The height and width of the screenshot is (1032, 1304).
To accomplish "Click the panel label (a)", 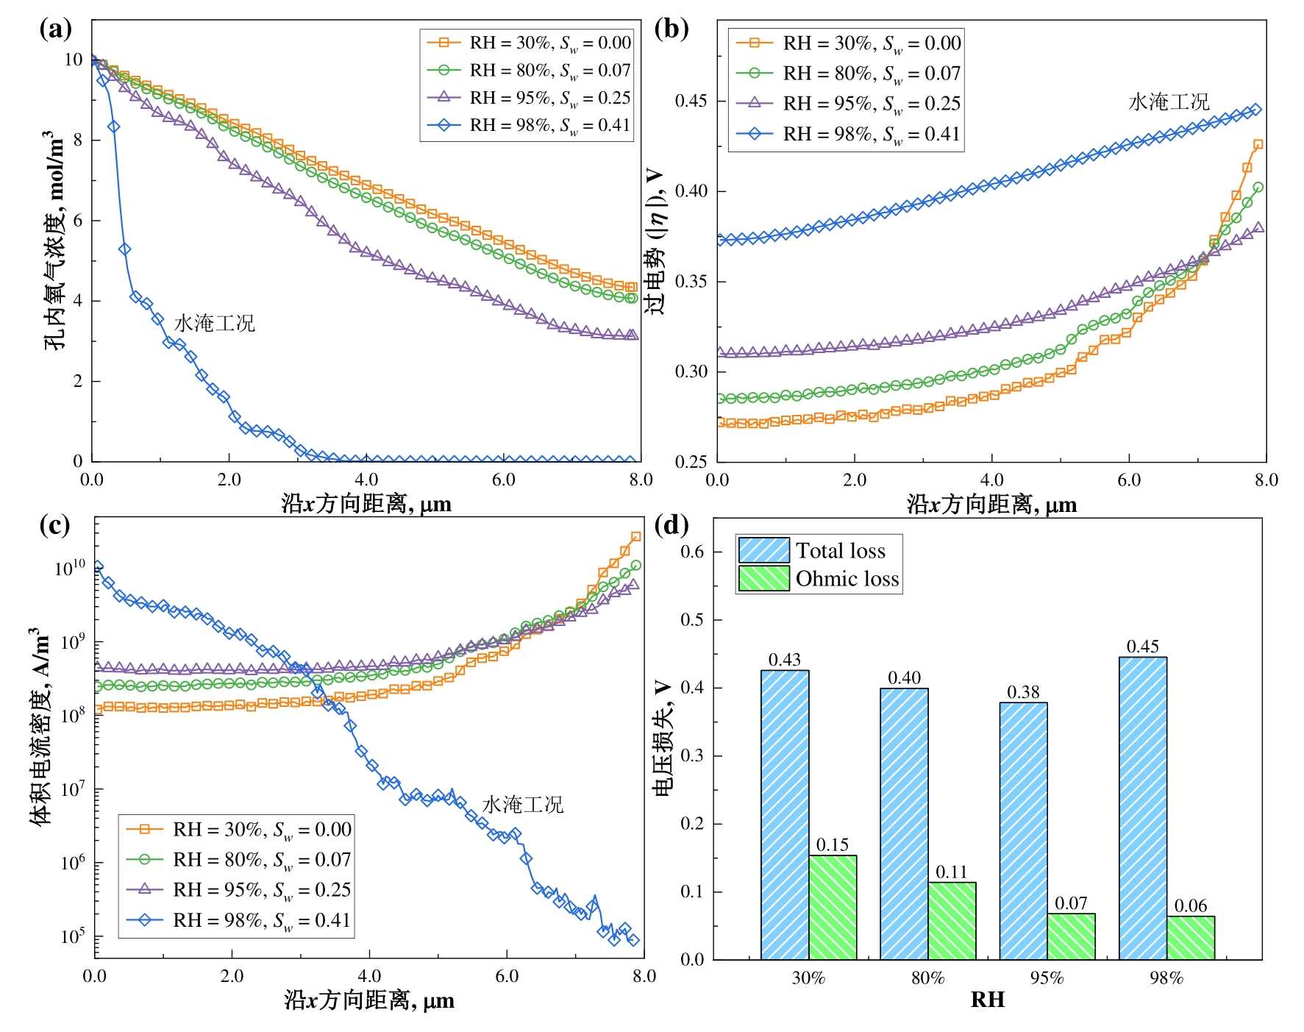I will pyautogui.click(x=55, y=29).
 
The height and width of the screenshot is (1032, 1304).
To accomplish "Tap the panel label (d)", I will pyautogui.click(x=671, y=525).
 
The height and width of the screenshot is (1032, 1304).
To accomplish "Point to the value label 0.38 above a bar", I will pyautogui.click(x=1023, y=692).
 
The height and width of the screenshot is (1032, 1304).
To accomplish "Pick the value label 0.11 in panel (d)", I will pyautogui.click(x=952, y=872).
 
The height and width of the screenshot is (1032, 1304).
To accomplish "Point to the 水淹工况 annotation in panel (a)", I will pyautogui.click(x=214, y=324).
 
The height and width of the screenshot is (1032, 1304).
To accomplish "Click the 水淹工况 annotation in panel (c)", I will pyautogui.click(x=522, y=805).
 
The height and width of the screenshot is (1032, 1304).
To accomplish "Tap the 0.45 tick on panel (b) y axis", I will pyautogui.click(x=691, y=101).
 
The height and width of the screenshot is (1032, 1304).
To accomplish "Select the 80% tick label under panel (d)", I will pyautogui.click(x=927, y=978).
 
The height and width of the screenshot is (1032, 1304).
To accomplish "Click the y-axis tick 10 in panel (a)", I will pyautogui.click(x=74, y=60).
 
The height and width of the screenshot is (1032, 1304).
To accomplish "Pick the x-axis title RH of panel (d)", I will pyautogui.click(x=987, y=1000).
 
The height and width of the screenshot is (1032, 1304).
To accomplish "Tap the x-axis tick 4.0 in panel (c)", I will pyautogui.click(x=369, y=976).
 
